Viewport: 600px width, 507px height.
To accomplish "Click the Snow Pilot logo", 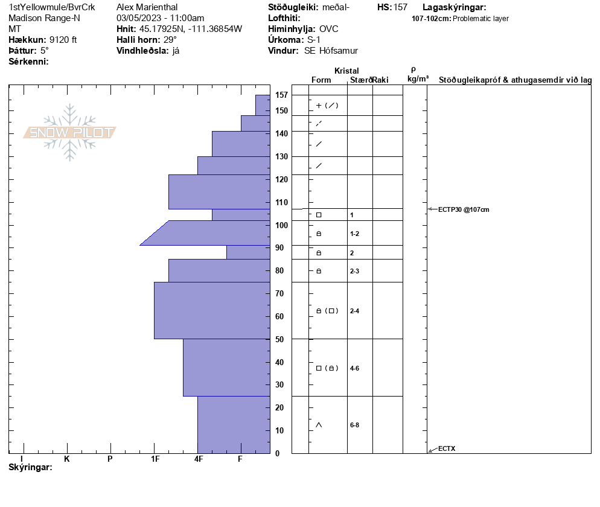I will pyautogui.click(x=69, y=133).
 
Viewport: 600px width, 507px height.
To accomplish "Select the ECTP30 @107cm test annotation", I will pyautogui.click(x=463, y=209).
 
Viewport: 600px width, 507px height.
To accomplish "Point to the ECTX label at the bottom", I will pyautogui.click(x=447, y=448).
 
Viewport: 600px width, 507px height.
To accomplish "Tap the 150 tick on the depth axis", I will pyautogui.click(x=281, y=110).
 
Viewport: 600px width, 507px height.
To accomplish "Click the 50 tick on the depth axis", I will pyautogui.click(x=279, y=339).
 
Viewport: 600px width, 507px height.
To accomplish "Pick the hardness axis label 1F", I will pyautogui.click(x=155, y=459).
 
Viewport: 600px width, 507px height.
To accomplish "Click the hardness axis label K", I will pyautogui.click(x=67, y=459).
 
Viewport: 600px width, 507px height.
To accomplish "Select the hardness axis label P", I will pyautogui.click(x=110, y=459).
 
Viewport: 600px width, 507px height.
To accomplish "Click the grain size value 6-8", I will pyautogui.click(x=355, y=425).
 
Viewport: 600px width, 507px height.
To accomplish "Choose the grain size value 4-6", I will pyautogui.click(x=355, y=368).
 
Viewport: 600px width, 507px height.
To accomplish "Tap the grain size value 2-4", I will pyautogui.click(x=355, y=311).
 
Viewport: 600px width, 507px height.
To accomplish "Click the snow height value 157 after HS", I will pyautogui.click(x=400, y=8).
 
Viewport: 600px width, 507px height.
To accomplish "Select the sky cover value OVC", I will pyautogui.click(x=329, y=29).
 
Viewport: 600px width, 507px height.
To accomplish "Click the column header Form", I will pyautogui.click(x=321, y=80).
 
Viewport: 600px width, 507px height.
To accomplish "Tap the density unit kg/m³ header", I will pyautogui.click(x=418, y=79).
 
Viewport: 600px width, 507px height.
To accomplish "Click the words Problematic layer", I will pyautogui.click(x=480, y=19).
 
